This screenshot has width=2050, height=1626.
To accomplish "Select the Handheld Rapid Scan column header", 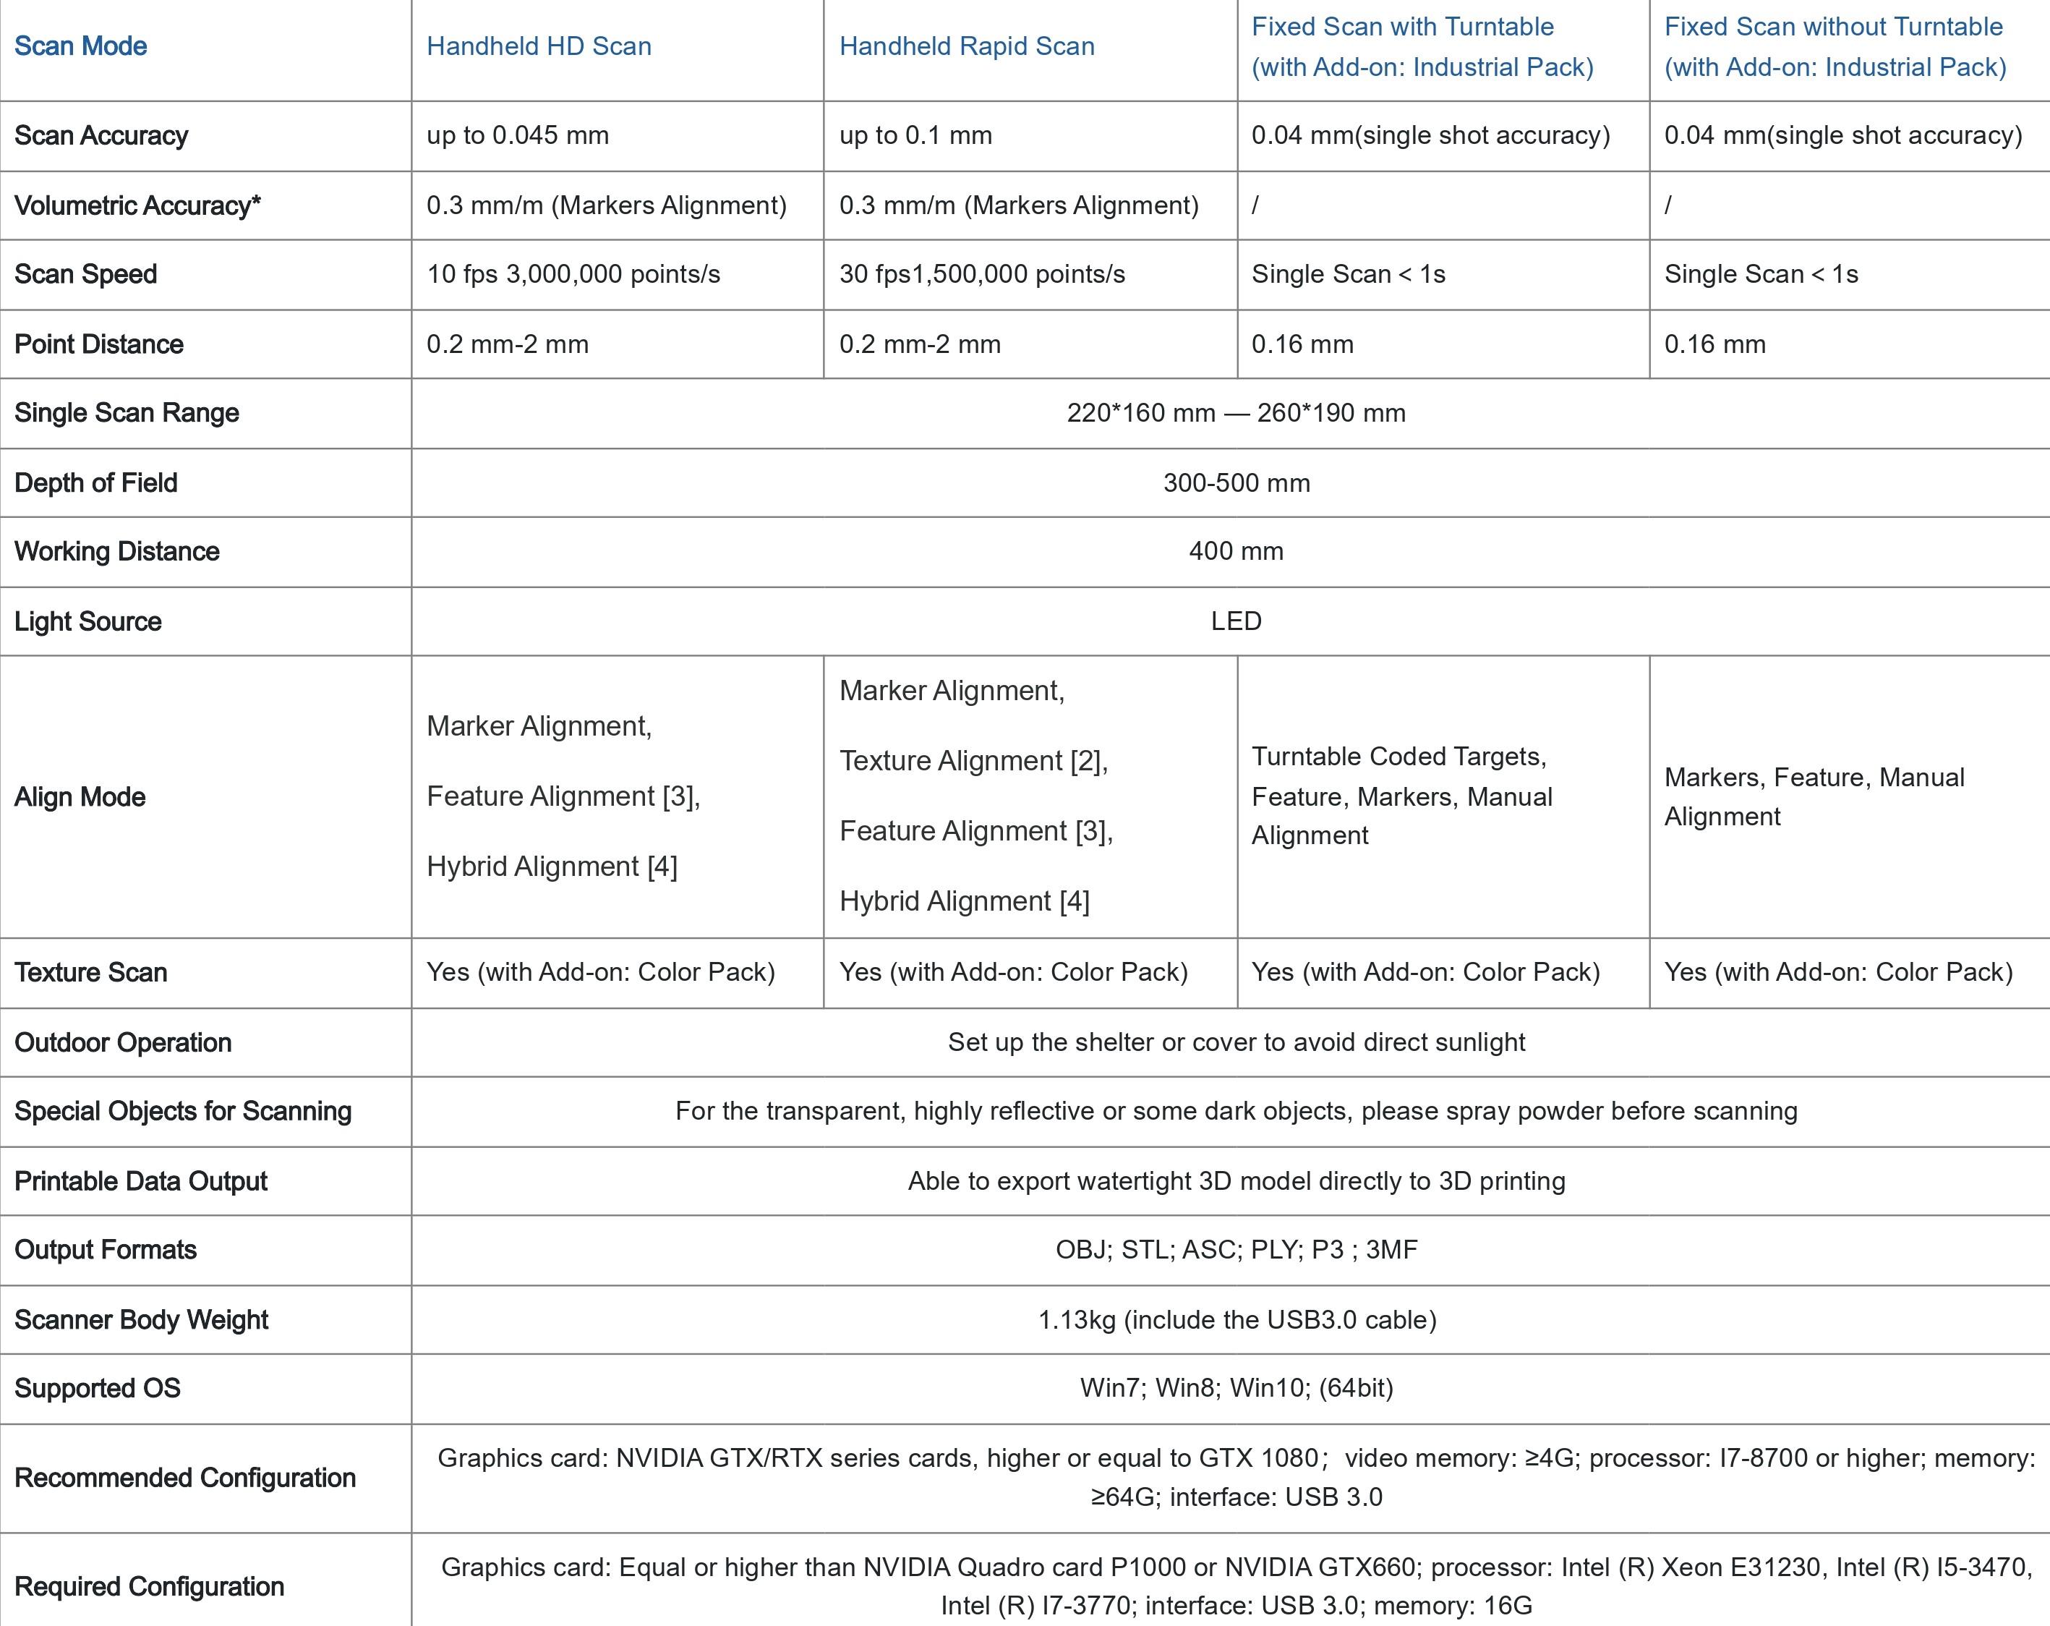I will (966, 46).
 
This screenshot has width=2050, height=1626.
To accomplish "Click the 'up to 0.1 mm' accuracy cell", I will (915, 135).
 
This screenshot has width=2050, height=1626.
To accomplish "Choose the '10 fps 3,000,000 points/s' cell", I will (573, 274).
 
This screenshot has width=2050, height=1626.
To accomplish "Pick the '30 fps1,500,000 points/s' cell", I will (981, 274).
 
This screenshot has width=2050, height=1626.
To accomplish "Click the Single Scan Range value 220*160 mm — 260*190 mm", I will (1235, 413).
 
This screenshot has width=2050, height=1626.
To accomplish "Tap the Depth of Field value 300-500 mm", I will (1236, 483).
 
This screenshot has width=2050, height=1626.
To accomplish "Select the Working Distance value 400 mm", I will (1235, 551).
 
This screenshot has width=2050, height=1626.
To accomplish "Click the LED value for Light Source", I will (1235, 621).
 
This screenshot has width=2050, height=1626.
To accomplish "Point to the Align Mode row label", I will (80, 797).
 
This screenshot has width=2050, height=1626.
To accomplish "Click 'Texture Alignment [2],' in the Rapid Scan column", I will (973, 761).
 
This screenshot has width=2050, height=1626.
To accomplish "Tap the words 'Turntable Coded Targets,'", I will (1398, 757).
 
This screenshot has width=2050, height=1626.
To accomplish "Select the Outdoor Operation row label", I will (123, 1042).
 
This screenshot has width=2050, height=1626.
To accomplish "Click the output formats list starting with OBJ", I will (1235, 1249).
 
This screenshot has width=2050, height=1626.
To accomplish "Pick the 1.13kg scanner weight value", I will (1236, 1320).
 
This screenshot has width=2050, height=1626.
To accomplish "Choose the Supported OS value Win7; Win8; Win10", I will (1235, 1388).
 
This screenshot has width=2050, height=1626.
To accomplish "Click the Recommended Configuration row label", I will (184, 1478).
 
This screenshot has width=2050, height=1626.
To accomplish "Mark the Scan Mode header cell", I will (81, 46).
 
